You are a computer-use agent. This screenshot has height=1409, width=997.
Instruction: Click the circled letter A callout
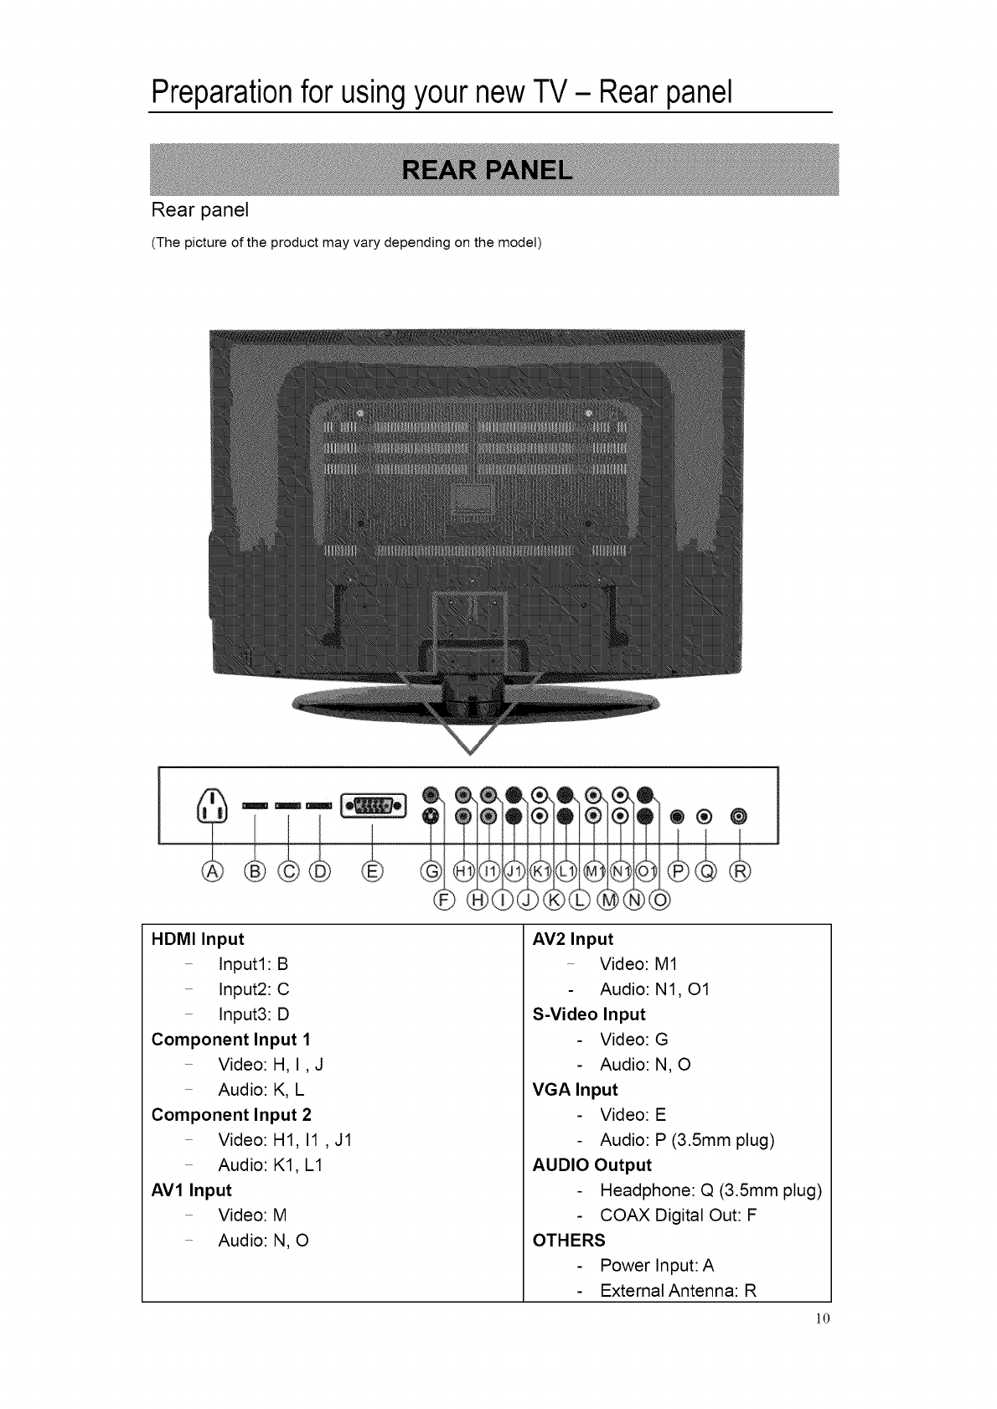coord(213,873)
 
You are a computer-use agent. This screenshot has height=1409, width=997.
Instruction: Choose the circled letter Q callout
coord(709,873)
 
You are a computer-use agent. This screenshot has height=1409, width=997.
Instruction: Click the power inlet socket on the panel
coord(213,808)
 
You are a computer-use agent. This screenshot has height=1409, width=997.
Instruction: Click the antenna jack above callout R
coord(738,815)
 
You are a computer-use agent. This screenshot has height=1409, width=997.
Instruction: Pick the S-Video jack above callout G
coord(431,815)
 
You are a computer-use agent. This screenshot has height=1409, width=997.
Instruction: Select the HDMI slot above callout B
coord(254,806)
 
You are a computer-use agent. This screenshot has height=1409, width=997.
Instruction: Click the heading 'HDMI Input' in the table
coord(198,939)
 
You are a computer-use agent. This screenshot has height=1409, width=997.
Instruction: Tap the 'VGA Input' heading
coord(575,1090)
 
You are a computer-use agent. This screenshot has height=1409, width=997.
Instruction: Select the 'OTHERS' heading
coord(569,1241)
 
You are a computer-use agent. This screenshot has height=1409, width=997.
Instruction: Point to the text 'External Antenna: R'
coord(678,1290)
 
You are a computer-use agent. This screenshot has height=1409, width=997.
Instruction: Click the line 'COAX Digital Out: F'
coord(678,1215)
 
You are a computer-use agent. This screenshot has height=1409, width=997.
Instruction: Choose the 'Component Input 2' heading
coord(231,1115)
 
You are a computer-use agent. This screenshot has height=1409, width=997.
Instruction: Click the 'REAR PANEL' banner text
coord(488,171)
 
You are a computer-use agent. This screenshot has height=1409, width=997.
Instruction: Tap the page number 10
coord(820,1320)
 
